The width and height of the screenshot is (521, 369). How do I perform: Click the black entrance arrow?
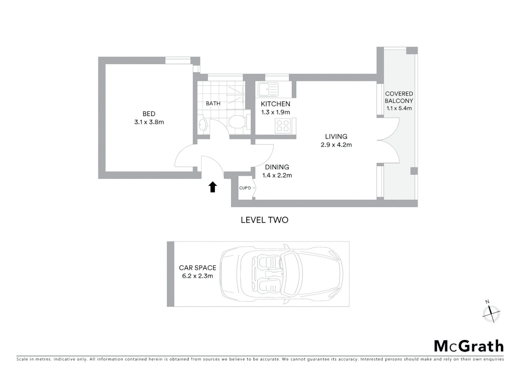213,187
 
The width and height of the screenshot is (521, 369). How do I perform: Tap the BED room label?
149,114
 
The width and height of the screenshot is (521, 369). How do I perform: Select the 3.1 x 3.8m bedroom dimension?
149,122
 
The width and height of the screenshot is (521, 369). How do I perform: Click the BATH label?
213,104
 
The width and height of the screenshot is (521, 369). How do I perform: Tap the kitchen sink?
268,90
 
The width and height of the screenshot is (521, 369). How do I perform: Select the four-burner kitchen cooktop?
282,126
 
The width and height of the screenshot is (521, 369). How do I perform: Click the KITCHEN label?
276,104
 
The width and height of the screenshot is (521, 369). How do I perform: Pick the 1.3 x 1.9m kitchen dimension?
276,112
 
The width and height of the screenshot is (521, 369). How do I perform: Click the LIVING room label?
336,136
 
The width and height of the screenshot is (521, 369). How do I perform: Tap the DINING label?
277,167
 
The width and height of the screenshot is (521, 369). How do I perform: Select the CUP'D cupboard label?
245,188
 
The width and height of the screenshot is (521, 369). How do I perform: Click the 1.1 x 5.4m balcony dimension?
399,108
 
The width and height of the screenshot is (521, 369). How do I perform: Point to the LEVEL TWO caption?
265,220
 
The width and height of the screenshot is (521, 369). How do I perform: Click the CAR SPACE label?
198,268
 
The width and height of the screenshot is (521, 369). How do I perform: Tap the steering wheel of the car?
281,263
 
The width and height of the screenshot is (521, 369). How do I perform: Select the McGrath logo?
469,346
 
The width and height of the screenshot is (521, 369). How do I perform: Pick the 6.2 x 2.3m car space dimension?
198,276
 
